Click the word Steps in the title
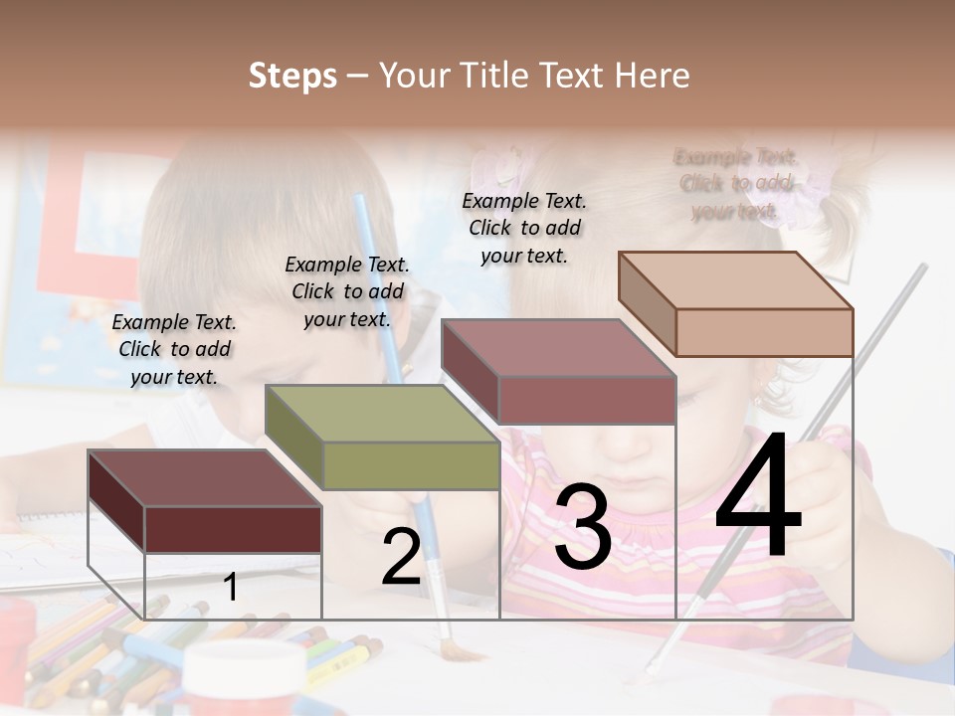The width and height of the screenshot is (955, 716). [x=292, y=76]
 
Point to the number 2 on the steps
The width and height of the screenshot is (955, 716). [x=401, y=557]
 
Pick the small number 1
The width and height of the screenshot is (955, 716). [x=231, y=587]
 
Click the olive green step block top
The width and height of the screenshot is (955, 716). [x=382, y=412]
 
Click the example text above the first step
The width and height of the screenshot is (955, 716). [x=174, y=349]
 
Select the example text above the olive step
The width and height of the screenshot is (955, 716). [x=347, y=291]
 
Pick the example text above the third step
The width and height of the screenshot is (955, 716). [x=524, y=228]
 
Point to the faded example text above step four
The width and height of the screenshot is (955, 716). [x=736, y=184]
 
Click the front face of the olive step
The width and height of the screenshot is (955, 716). [x=411, y=465]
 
